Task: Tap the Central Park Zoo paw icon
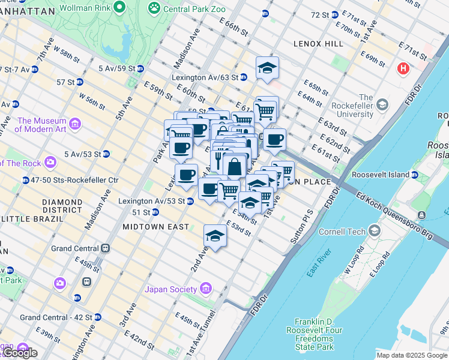tap(155, 8)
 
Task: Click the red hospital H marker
tap(403, 68)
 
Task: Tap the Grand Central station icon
tap(106, 248)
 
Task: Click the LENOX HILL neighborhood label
tap(318, 44)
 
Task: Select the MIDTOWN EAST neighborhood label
tap(155, 227)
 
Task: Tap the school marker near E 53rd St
tap(215, 235)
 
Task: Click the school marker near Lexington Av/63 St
tap(267, 68)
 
